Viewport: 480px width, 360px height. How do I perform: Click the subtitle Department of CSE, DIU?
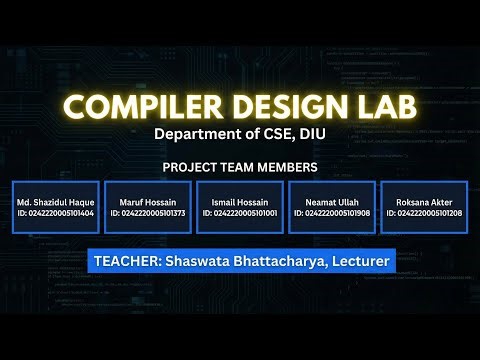pos(240,134)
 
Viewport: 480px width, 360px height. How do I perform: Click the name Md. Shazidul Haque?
pos(55,202)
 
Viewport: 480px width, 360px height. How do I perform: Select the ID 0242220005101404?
pos(55,213)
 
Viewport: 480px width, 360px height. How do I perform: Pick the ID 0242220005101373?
pos(147,213)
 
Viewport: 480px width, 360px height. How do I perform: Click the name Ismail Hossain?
pos(239,202)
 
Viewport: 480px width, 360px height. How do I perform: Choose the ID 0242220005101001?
pos(239,213)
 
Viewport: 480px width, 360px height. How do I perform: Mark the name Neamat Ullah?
pos(331,202)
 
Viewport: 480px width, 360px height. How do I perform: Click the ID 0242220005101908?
pos(331,213)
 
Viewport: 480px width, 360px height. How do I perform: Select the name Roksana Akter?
pos(423,202)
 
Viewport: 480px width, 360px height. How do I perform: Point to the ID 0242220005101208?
pos(423,213)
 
